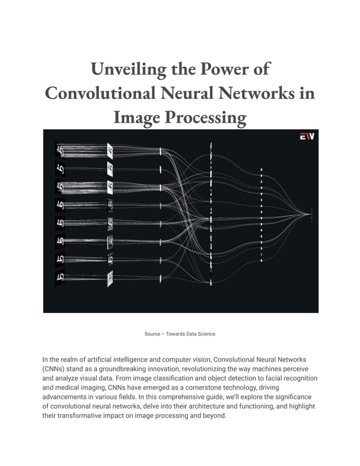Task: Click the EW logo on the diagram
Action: pos(306,136)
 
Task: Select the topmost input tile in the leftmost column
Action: pos(60,151)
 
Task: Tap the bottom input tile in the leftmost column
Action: pos(60,278)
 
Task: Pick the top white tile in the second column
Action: pos(110,151)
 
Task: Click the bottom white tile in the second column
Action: pos(110,277)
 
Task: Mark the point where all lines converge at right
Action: pos(309,213)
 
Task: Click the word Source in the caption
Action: pos(152,334)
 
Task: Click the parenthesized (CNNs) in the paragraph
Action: pos(54,368)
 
